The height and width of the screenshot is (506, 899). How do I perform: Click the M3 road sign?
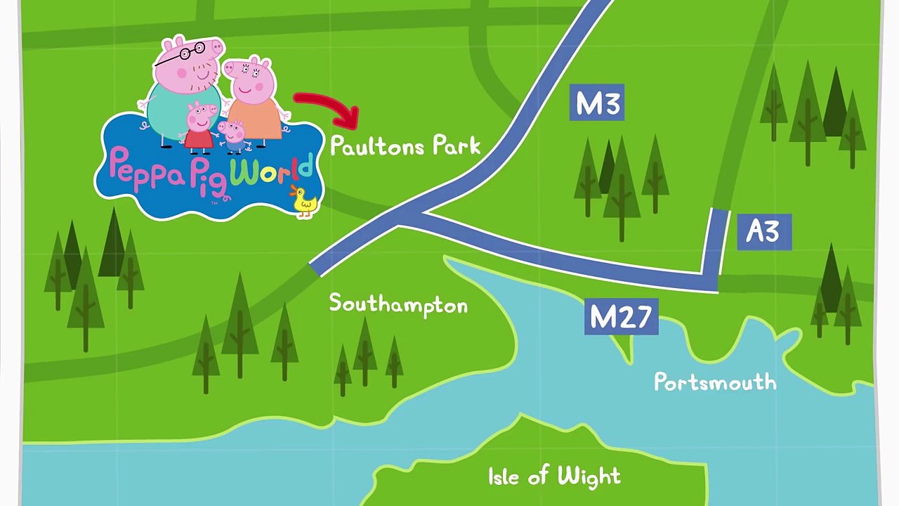[x=597, y=103]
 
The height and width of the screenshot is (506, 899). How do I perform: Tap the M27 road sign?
[x=622, y=317]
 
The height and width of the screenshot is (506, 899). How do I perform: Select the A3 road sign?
[x=764, y=232]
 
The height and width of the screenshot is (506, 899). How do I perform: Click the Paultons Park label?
[x=405, y=146]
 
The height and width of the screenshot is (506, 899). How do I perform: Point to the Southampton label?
[x=398, y=304]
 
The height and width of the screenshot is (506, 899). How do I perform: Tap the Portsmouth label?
[x=715, y=382]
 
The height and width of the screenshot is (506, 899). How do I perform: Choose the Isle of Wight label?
[x=554, y=476]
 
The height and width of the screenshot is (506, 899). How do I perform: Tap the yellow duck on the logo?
[x=305, y=201]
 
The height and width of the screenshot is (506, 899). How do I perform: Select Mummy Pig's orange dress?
[x=254, y=119]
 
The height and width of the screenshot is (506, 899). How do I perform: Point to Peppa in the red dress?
[x=200, y=126]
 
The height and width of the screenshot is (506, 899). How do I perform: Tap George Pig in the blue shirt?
[x=232, y=136]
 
